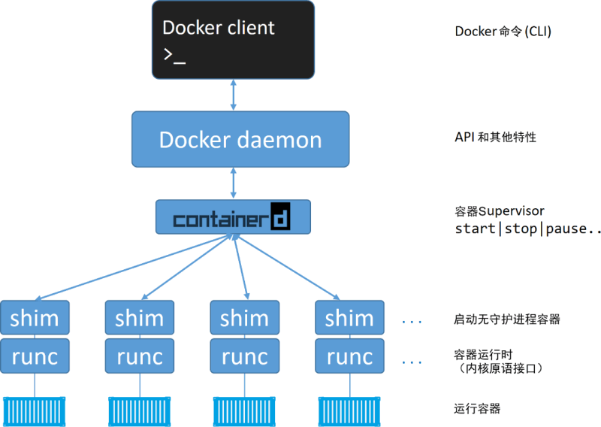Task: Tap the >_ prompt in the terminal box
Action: pos(174,56)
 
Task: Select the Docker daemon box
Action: pos(240,139)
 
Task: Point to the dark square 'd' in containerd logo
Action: pos(279,217)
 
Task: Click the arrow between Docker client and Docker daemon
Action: pos(234,95)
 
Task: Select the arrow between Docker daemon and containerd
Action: pos(234,183)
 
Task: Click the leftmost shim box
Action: pos(35,318)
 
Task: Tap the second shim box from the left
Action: pos(139,318)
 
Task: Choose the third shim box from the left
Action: pos(244,318)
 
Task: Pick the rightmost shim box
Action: pos(349,318)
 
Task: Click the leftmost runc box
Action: pos(35,356)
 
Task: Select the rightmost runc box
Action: pos(349,356)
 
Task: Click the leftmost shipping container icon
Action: pos(35,409)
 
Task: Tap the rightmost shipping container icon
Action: pos(349,409)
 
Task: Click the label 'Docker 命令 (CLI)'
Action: pos(492,32)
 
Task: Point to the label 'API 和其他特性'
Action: pos(495,138)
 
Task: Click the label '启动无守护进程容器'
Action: pos(507,319)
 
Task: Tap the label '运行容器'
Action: pos(477,409)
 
